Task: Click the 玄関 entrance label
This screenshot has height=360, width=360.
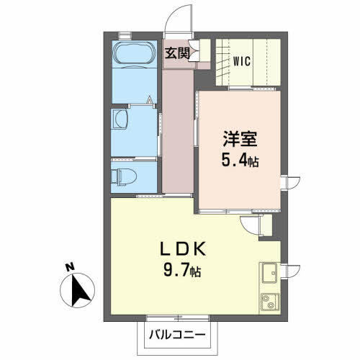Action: pyautogui.click(x=177, y=53)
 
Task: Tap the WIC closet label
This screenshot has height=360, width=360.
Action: pyautogui.click(x=242, y=61)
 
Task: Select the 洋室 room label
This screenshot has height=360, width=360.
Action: pyautogui.click(x=240, y=139)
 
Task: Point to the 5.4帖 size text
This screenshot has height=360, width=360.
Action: pyautogui.click(x=240, y=160)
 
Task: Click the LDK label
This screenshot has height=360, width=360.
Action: pyautogui.click(x=183, y=249)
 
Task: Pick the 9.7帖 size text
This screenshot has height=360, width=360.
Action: pyautogui.click(x=182, y=270)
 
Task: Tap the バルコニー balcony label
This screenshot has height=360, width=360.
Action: pyautogui.click(x=177, y=334)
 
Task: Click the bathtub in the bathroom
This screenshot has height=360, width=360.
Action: pyautogui.click(x=135, y=54)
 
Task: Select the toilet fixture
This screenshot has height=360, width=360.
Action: pyautogui.click(x=124, y=176)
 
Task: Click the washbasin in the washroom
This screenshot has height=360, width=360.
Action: pyautogui.click(x=120, y=119)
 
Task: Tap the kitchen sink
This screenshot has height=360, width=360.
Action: pyautogui.click(x=269, y=273)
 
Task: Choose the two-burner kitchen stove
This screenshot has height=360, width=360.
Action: pyautogui.click(x=270, y=302)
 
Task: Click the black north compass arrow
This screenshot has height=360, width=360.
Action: pyautogui.click(x=80, y=291)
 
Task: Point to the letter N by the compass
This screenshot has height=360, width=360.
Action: pyautogui.click(x=70, y=267)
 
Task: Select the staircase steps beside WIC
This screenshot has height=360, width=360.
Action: pyautogui.click(x=222, y=62)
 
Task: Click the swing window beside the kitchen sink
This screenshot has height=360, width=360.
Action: pyautogui.click(x=290, y=271)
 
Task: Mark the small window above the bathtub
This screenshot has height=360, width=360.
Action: pyautogui.click(x=125, y=35)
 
